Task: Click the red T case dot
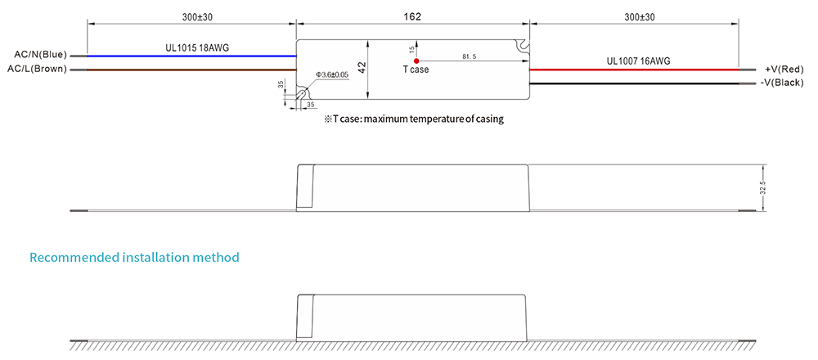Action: [416, 61]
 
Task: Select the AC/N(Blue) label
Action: [38, 55]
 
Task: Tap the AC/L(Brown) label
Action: [37, 69]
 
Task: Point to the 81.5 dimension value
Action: [470, 56]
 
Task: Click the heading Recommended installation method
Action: [134, 258]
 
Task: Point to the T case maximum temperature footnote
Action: [413, 119]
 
